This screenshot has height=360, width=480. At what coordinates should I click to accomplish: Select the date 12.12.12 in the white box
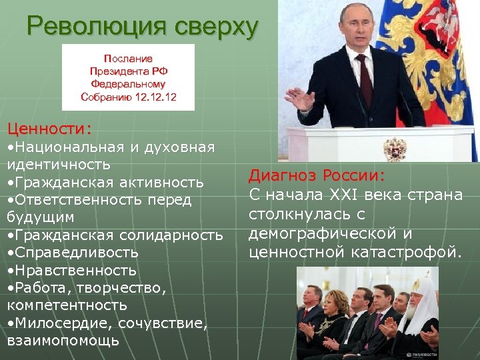coord(157,97)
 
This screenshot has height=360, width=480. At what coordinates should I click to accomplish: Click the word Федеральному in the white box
coord(128,84)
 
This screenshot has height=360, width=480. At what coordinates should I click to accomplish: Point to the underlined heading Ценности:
coord(49,127)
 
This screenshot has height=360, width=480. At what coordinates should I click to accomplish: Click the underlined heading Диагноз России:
coord(317,176)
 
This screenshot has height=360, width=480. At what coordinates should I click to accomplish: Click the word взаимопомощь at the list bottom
coord(63,340)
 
